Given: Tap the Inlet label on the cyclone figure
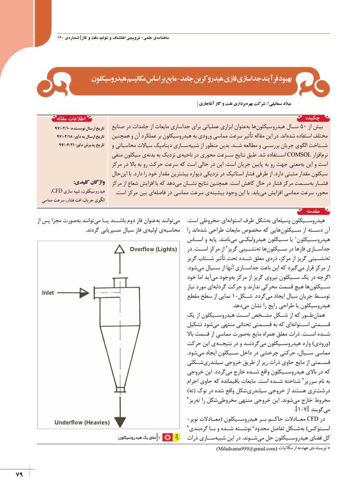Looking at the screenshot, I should coord(52,292).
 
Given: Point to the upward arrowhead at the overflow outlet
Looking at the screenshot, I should coord(120,249).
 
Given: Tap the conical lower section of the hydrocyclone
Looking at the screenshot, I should coord(120,355).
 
